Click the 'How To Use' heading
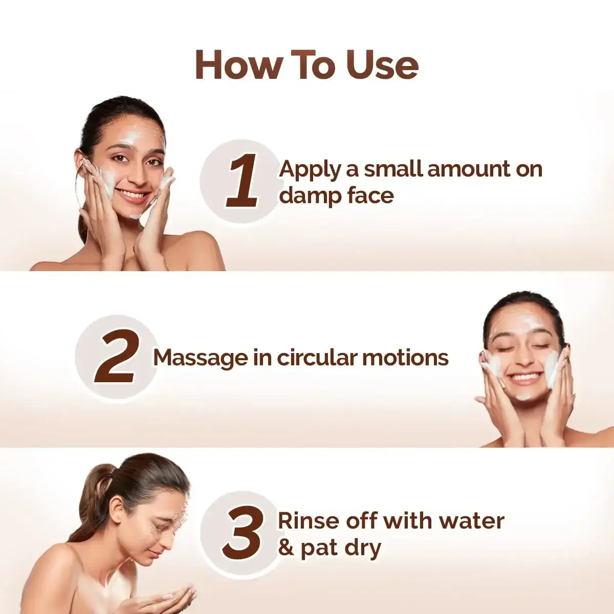click(306, 65)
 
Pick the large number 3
click(242, 534)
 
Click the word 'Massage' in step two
click(201, 358)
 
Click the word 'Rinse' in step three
click(309, 521)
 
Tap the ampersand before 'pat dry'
click(287, 547)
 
